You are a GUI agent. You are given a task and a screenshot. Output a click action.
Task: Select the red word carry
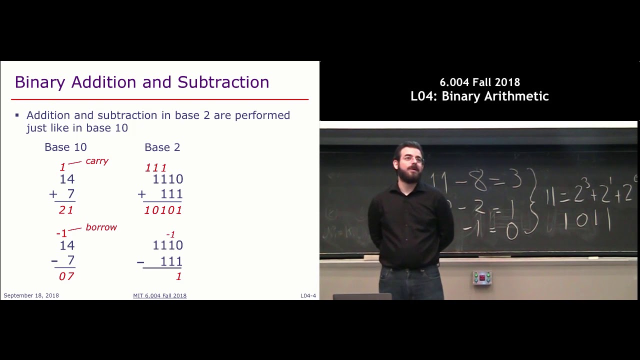(97, 161)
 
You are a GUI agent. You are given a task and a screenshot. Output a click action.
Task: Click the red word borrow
(101, 227)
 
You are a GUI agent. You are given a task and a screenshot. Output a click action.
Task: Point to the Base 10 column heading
(65, 147)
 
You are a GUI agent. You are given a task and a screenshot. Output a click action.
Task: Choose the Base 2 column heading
(162, 147)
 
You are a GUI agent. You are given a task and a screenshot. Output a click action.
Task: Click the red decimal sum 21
(66, 210)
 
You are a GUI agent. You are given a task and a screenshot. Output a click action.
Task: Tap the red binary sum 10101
(163, 210)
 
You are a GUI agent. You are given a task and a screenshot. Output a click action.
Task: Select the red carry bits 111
(155, 168)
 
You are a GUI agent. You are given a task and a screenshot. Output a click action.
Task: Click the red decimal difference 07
(66, 276)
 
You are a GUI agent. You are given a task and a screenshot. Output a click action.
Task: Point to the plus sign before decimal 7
(53, 194)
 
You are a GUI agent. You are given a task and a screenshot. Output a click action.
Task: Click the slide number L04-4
(308, 295)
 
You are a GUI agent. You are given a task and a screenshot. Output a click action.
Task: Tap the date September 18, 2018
(31, 295)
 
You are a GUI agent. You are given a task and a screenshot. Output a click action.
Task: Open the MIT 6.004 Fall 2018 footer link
(159, 295)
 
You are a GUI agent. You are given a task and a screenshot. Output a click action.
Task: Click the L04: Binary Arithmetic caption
(479, 96)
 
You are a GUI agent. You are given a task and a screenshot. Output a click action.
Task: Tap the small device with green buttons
(482, 277)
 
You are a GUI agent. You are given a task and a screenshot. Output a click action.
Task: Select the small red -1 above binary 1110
(170, 234)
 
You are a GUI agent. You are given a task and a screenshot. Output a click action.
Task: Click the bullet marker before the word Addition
(17, 115)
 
